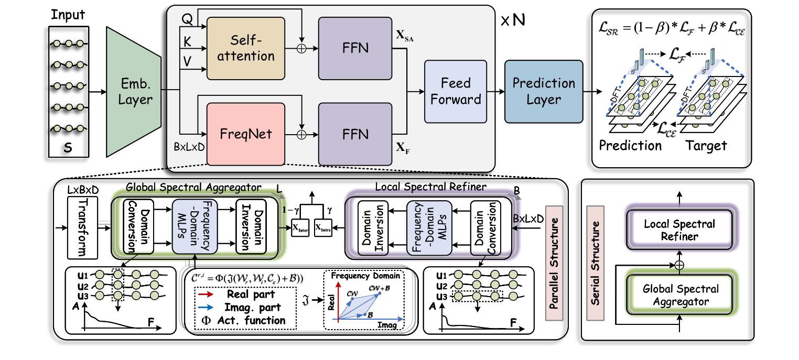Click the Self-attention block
tap(245, 48)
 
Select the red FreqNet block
tap(245, 134)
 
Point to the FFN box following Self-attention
tap(355, 48)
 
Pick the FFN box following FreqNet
tap(355, 134)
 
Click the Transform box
tap(82, 228)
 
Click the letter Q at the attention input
tap(187, 18)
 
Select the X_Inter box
tap(301, 228)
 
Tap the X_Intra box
tap(323, 228)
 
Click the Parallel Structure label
tap(554, 262)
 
